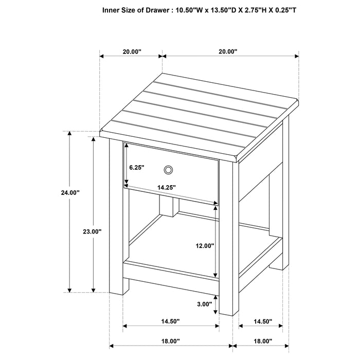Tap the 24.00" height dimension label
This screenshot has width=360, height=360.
pyautogui.click(x=70, y=193)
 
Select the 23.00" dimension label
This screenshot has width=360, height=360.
pyautogui.click(x=93, y=232)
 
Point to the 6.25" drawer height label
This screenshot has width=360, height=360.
pyautogui.click(x=136, y=168)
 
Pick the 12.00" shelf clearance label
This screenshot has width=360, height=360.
pyautogui.click(x=203, y=246)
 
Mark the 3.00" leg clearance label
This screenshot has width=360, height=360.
pyautogui.click(x=204, y=304)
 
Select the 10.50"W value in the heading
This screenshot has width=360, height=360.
pyautogui.click(x=193, y=9)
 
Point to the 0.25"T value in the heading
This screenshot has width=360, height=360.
pyautogui.click(x=308, y=9)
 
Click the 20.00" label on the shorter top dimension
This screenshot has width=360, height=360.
pyautogui.click(x=131, y=51)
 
